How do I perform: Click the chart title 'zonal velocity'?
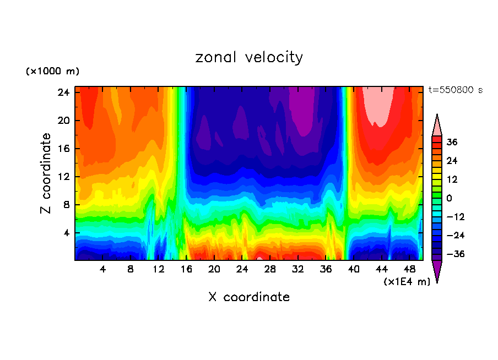[249, 57]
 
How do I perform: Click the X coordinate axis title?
[249, 297]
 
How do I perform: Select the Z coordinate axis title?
[46, 173]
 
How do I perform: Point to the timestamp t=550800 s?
[455, 90]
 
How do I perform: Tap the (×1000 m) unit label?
[52, 72]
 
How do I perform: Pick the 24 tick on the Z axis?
[63, 92]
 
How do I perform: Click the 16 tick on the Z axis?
[63, 149]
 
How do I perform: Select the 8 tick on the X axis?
[131, 270]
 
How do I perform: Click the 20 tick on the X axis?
[214, 270]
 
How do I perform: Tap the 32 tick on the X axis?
[298, 270]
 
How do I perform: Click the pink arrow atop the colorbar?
[437, 126]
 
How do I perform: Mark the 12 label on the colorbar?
[452, 179]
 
